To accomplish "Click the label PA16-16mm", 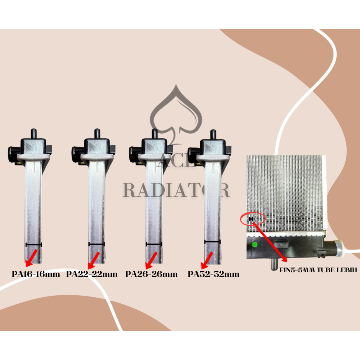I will point(36,274).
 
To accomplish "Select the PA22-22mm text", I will point(92,274).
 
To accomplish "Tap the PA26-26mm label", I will point(152,274).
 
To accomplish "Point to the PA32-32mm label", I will point(213,274).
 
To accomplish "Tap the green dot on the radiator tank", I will point(254,244).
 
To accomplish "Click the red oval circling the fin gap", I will point(253,219).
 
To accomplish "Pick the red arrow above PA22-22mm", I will point(93,260).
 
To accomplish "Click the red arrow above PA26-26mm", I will point(152,260).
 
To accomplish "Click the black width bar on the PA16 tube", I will point(33,244).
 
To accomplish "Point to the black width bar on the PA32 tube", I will point(212,242).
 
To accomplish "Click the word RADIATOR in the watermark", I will point(176,190).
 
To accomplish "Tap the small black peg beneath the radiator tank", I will point(274,264).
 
